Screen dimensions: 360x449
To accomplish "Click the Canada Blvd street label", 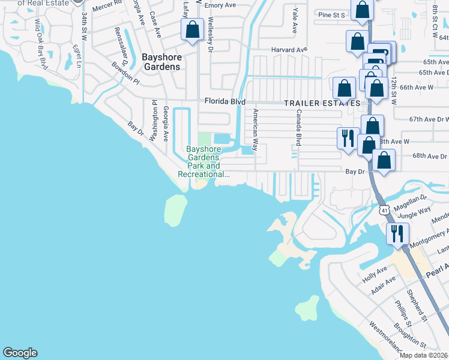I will [x=297, y=128].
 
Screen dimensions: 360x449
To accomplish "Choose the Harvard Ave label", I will [x=289, y=49].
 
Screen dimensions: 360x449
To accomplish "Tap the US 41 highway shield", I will [x=384, y=210].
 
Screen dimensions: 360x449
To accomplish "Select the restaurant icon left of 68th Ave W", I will [x=347, y=137].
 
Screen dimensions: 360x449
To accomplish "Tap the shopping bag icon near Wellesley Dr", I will [x=192, y=29].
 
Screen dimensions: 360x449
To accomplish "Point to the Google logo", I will [x=20, y=353].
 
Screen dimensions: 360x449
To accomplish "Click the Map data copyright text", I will [x=423, y=355].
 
